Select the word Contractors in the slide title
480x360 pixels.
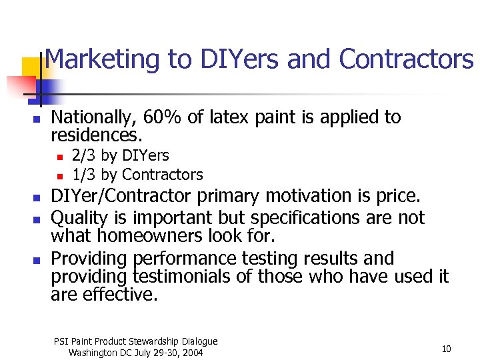[x=406, y=60]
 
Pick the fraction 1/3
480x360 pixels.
[x=83, y=175]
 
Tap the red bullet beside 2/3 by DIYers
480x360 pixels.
[x=59, y=157]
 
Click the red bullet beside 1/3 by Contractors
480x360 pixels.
[x=59, y=176]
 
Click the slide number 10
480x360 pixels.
[x=446, y=349]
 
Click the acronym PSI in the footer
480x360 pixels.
[x=61, y=341]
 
